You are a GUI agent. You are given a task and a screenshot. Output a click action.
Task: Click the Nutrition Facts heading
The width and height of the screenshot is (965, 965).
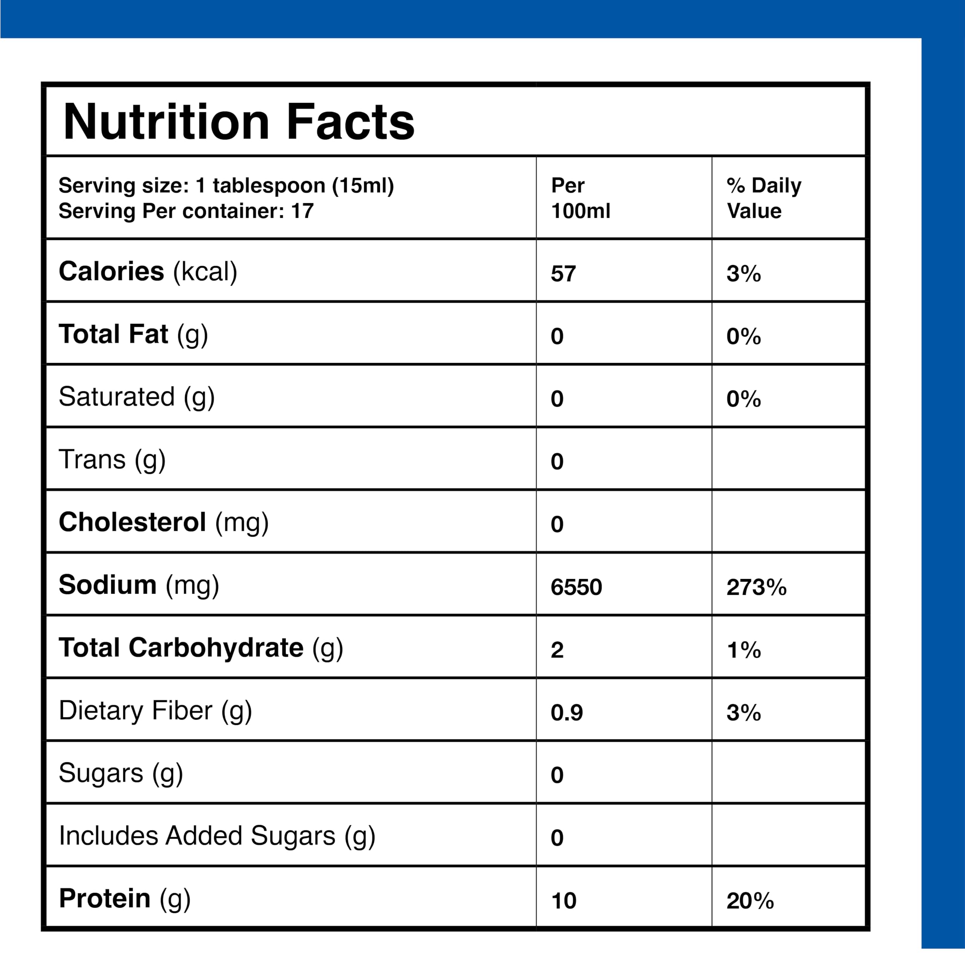coord(239,122)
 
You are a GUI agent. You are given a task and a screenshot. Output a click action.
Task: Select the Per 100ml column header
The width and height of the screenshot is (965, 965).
coord(581,198)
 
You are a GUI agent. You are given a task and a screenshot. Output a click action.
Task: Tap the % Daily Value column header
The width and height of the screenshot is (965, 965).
coord(764,198)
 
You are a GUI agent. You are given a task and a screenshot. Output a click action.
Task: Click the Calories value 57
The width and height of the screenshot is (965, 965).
coord(564,274)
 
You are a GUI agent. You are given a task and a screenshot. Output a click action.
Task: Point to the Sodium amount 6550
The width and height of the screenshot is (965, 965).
coord(576,587)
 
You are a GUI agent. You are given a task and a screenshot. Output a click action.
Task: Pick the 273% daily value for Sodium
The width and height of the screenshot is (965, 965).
coord(756,587)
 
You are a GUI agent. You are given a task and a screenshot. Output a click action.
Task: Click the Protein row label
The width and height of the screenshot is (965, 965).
coord(125,899)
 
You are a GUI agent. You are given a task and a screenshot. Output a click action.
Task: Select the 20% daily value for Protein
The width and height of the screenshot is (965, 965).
coord(750,901)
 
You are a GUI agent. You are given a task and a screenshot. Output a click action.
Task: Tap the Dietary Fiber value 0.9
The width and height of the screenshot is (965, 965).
coord(567,712)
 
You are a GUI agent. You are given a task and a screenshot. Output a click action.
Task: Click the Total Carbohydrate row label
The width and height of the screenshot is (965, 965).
coord(201,648)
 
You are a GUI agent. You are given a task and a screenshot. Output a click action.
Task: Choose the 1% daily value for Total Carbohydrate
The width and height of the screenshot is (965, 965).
coord(744,650)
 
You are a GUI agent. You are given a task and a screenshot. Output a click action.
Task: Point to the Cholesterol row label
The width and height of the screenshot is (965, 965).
coord(164,523)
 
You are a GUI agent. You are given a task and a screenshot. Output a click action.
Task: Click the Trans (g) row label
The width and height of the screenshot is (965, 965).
coord(112,460)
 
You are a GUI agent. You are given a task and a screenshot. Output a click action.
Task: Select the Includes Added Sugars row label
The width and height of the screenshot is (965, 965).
coord(217,836)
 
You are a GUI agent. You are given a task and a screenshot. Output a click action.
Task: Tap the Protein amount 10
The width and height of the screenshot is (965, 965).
coord(564,901)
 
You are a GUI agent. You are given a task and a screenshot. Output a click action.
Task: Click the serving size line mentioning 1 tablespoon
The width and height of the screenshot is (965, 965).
coord(226,185)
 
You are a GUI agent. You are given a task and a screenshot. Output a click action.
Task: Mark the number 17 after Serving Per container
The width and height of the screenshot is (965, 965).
coord(303,211)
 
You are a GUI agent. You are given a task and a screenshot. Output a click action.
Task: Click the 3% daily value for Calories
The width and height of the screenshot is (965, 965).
coord(744,274)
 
